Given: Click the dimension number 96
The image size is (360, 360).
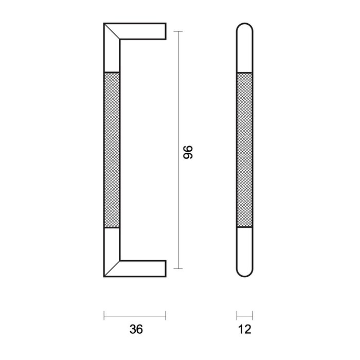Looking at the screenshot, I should pos(188,151).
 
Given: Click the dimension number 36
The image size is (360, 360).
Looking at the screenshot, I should pos(135,329).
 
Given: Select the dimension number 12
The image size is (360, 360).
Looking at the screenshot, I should pos(245,329).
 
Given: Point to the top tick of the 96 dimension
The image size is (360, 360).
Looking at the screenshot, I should pos(178,31).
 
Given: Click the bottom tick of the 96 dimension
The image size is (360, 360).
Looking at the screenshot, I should pos(178,268).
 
